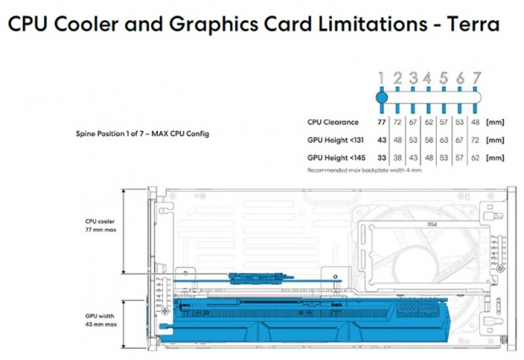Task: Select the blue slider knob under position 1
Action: (381, 96)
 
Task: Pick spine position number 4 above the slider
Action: (428, 78)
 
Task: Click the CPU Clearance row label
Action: (333, 123)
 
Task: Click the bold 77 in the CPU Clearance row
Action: (381, 123)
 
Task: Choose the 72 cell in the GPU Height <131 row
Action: (477, 139)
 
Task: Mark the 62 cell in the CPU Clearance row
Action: (429, 123)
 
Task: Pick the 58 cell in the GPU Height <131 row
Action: (429, 139)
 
